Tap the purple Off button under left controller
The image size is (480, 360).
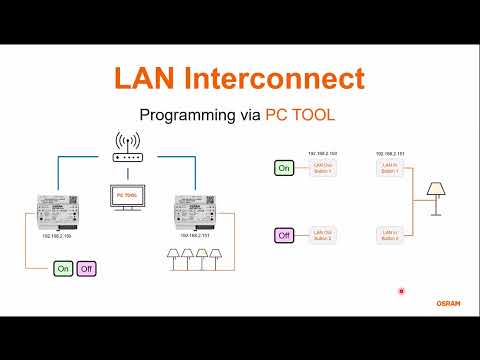[87, 269]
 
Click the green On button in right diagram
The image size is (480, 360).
[284, 169]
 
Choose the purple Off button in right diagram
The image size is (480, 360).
[284, 236]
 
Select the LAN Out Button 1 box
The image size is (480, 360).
[322, 169]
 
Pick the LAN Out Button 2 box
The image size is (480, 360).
[322, 236]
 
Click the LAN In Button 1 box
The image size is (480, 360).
[390, 169]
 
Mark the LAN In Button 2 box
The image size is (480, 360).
[390, 236]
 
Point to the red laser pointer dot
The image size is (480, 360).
[401, 291]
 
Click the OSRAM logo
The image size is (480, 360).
[448, 301]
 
